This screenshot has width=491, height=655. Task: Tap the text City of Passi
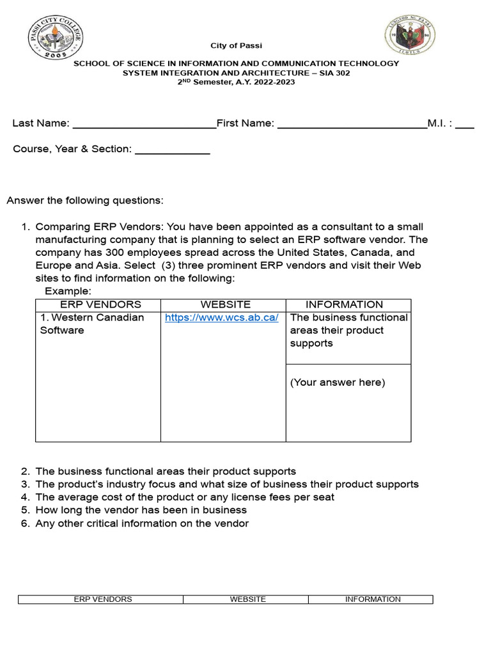click(237, 46)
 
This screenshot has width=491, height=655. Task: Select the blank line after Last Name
click(144, 127)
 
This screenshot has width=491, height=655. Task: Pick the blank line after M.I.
click(464, 127)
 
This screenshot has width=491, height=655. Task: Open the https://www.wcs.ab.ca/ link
click(221, 318)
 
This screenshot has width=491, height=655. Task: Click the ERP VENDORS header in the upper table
click(100, 304)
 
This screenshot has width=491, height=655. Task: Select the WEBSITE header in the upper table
click(225, 304)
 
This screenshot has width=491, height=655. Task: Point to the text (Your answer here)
click(338, 383)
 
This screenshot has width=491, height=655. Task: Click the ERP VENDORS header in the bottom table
click(103, 599)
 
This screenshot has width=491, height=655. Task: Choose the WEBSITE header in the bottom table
click(247, 599)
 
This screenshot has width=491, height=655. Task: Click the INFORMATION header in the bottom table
click(373, 599)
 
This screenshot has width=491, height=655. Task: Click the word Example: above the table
click(68, 292)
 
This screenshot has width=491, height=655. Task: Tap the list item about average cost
click(185, 497)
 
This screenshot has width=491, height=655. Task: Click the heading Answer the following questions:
click(85, 201)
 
